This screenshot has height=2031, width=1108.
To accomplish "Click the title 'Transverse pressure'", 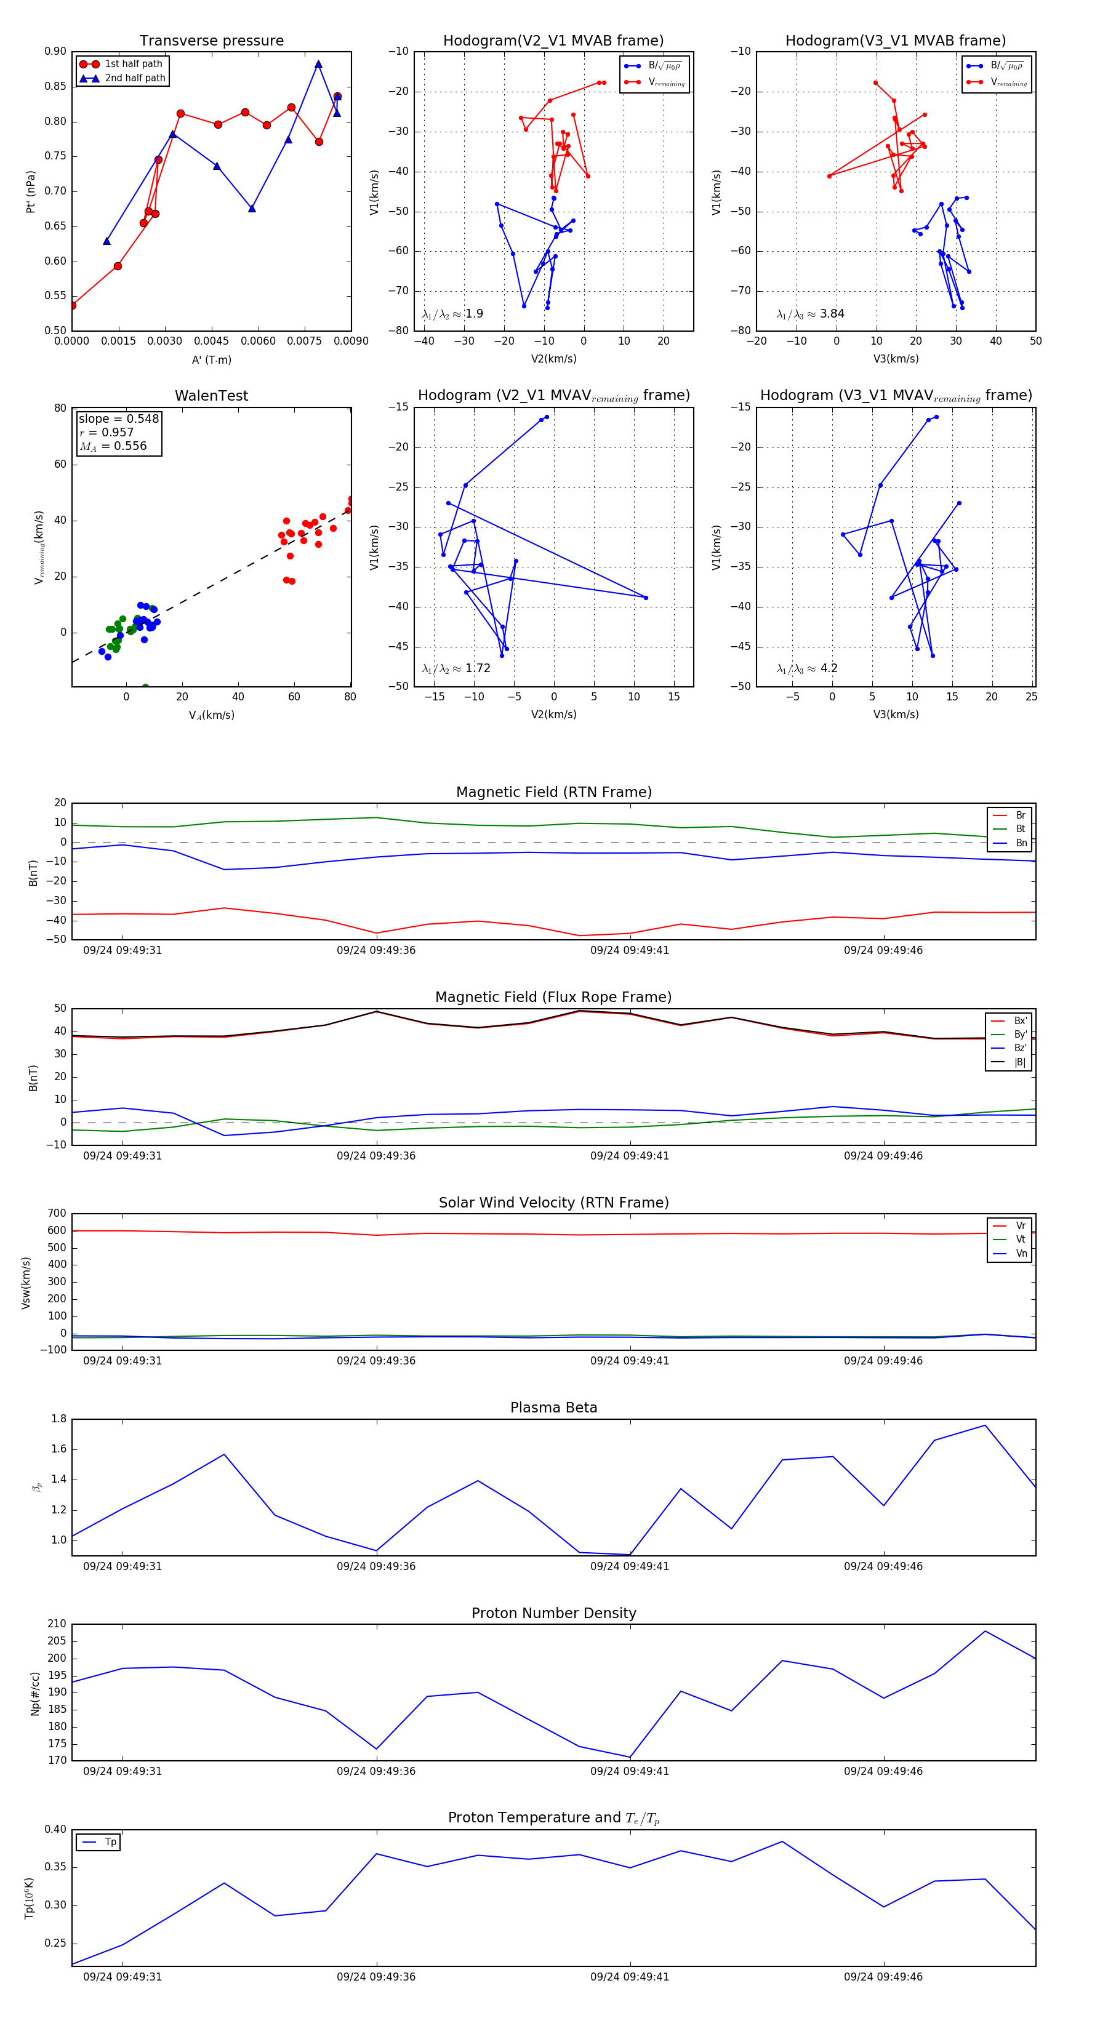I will pyautogui.click(x=211, y=41).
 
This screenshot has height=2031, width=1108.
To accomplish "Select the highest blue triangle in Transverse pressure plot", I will pyautogui.click(x=319, y=65).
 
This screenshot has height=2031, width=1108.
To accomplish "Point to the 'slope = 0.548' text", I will pyautogui.click(x=118, y=419).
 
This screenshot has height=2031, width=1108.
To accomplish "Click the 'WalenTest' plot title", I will pyautogui.click(x=211, y=396).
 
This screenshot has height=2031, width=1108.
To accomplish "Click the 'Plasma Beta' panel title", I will pyautogui.click(x=553, y=1408).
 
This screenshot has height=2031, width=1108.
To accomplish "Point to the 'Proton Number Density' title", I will pyautogui.click(x=553, y=1613).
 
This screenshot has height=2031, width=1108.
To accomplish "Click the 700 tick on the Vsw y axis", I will pyautogui.click(x=57, y=1214).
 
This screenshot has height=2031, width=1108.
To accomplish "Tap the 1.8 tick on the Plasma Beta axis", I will pyautogui.click(x=58, y=1419).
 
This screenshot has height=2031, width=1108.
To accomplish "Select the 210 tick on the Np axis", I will pyautogui.click(x=57, y=1624).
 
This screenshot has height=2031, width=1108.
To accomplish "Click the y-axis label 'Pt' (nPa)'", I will pyautogui.click(x=31, y=191).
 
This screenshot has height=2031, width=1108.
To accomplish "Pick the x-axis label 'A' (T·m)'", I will pyautogui.click(x=211, y=359).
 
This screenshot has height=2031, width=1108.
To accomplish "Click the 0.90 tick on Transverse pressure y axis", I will pyautogui.click(x=55, y=51).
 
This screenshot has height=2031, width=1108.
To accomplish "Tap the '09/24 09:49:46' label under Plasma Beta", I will pyautogui.click(x=883, y=1566).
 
